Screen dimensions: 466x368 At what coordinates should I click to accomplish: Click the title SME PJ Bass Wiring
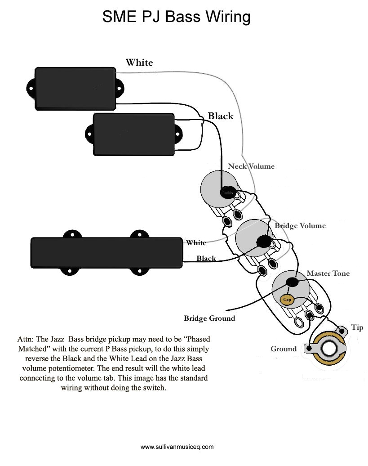click(176, 17)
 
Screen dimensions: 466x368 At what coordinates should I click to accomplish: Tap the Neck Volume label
click(251, 166)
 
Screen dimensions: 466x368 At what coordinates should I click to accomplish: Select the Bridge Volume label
click(300, 226)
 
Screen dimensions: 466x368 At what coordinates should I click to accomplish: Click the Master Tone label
click(328, 273)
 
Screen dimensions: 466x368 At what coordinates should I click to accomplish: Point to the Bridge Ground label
click(209, 318)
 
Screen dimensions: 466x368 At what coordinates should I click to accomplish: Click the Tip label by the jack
click(357, 327)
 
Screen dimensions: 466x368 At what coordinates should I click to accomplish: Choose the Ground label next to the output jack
click(284, 349)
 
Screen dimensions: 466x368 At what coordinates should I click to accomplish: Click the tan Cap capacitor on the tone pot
click(287, 300)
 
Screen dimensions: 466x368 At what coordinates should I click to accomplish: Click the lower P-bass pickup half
click(134, 134)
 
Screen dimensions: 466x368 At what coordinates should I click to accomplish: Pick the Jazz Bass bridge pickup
click(106, 253)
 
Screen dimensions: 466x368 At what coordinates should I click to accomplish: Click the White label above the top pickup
click(139, 63)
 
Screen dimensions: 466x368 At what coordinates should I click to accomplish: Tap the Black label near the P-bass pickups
click(221, 116)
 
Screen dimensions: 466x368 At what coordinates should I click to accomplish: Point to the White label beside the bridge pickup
click(196, 243)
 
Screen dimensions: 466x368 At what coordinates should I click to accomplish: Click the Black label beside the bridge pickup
click(206, 259)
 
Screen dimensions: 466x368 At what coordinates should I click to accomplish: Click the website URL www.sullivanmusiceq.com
click(177, 447)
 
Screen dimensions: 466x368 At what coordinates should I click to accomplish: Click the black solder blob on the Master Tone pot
click(292, 282)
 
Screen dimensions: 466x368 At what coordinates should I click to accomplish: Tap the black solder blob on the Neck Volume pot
click(228, 192)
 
